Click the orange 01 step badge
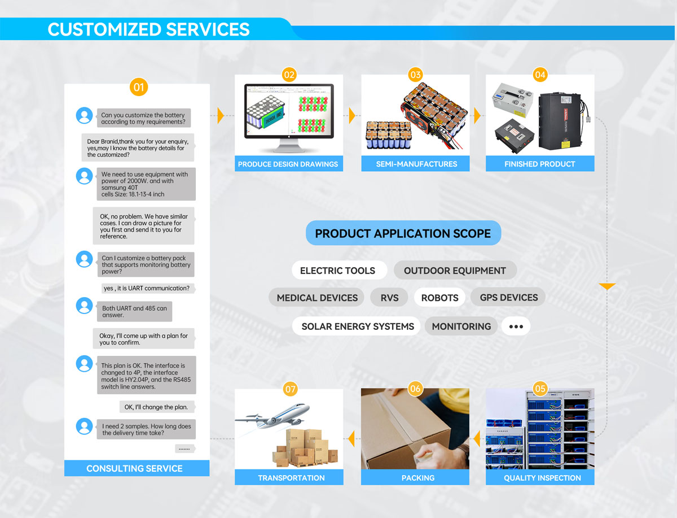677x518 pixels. click(138, 87)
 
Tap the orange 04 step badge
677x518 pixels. click(540, 75)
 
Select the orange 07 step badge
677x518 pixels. click(290, 389)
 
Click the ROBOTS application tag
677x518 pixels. click(439, 298)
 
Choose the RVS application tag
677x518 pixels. click(389, 298)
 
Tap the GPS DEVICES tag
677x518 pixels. click(508, 297)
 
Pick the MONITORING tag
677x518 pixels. click(461, 327)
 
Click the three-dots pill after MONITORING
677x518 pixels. click(516, 327)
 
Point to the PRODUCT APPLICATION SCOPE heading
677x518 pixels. click(403, 233)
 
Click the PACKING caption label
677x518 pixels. click(418, 478)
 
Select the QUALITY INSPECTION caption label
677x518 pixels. click(542, 478)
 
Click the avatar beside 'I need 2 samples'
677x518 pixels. click(84, 426)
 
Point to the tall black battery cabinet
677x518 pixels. click(561, 121)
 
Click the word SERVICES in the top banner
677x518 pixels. click(208, 29)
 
